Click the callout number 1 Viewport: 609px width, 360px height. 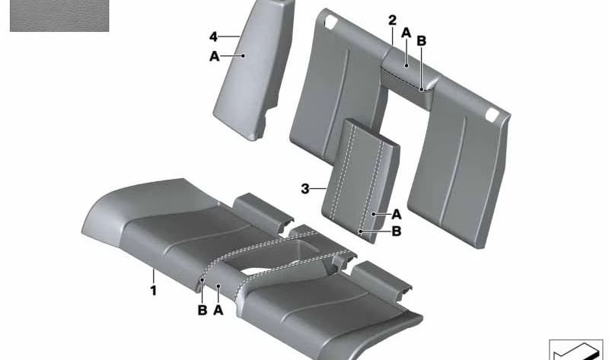(x=154, y=291)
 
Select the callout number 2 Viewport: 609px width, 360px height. (x=393, y=21)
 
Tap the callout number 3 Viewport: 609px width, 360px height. (x=305, y=189)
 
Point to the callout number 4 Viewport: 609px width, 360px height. (x=214, y=37)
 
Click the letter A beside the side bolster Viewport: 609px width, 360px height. (x=215, y=56)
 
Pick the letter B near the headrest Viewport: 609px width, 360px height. (x=422, y=41)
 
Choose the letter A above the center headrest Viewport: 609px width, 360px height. (x=407, y=33)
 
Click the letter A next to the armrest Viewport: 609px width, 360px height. (x=396, y=214)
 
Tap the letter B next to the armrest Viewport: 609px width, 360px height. (x=396, y=231)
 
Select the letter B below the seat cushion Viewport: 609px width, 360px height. (x=202, y=311)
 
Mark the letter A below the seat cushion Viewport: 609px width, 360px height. (x=218, y=311)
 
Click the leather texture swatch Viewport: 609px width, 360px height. (x=59, y=15)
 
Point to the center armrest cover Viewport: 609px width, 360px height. (x=361, y=180)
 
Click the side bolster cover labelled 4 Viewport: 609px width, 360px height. (x=254, y=70)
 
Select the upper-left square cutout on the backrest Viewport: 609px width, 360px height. (x=331, y=21)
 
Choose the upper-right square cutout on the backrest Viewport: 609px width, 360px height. (x=492, y=114)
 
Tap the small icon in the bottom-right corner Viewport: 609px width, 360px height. (x=576, y=349)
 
